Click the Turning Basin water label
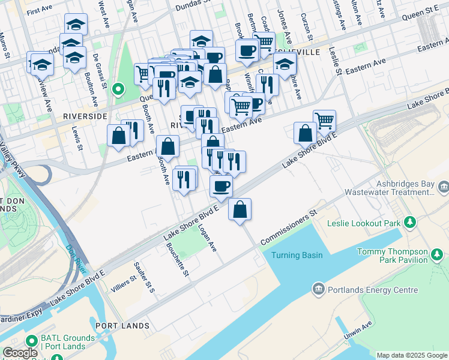(x=297, y=255)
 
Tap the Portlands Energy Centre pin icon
(x=318, y=290)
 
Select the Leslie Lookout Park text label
(x=363, y=223)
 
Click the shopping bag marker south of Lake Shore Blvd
(x=240, y=210)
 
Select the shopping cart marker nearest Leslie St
(x=324, y=120)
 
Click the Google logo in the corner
(x=20, y=353)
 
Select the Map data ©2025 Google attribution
(x=412, y=355)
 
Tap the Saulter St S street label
(x=145, y=277)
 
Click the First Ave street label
(x=40, y=10)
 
